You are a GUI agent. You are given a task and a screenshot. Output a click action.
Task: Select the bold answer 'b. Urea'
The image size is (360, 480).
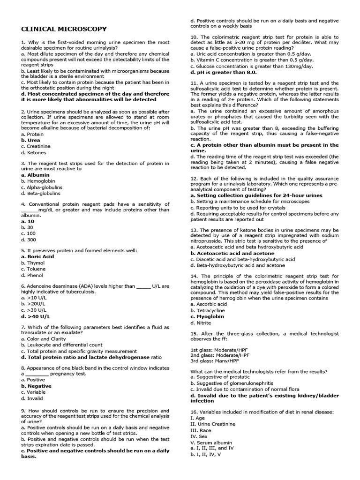(x=30, y=140)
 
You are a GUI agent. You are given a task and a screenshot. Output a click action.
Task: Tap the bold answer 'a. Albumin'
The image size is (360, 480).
(x=35, y=175)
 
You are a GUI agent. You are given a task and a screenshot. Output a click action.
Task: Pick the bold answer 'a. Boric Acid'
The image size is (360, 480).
(x=37, y=257)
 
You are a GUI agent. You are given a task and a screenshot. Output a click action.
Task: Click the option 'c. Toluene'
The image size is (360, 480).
(x=33, y=269)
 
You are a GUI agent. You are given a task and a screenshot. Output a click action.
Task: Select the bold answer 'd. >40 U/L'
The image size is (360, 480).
(x=36, y=316)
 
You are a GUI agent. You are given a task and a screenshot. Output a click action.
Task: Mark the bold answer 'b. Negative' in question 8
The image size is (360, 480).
(x=36, y=386)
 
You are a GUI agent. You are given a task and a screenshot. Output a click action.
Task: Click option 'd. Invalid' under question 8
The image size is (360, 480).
(x=32, y=398)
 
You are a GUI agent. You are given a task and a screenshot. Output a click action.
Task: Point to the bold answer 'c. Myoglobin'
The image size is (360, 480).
(x=207, y=316)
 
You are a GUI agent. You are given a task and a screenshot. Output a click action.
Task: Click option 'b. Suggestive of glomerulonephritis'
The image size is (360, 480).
(x=232, y=383)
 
